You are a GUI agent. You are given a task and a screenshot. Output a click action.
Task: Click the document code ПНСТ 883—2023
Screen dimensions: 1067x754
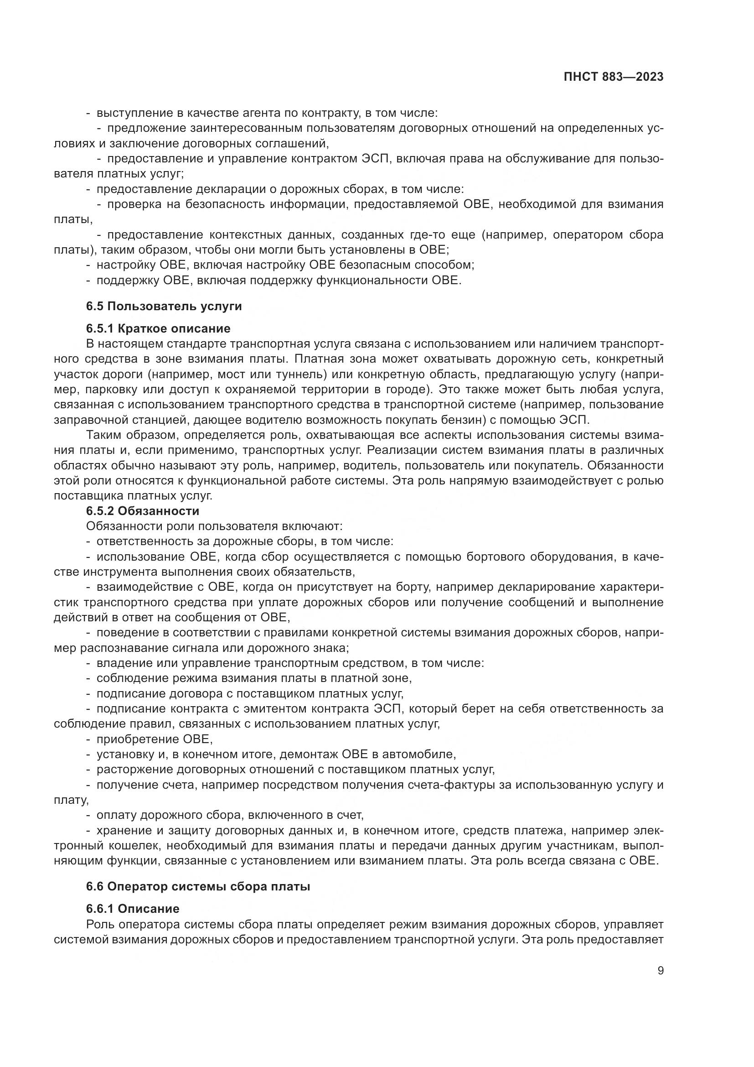[x=613, y=77]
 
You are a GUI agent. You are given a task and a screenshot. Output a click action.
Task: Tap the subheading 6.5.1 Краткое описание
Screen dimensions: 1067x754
[x=158, y=328]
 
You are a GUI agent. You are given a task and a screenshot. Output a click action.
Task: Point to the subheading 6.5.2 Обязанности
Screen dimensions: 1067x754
[x=143, y=511]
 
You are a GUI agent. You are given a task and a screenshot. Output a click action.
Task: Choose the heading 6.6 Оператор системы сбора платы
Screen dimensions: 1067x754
[x=198, y=886]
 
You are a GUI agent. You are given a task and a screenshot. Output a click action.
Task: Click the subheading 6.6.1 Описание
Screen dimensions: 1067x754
[x=133, y=908]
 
